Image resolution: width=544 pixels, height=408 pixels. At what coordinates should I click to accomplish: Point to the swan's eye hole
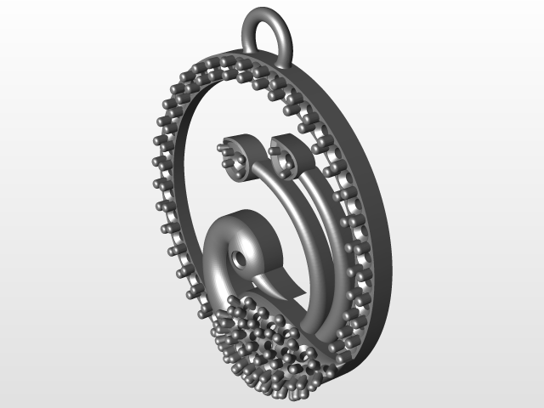click(x=241, y=257)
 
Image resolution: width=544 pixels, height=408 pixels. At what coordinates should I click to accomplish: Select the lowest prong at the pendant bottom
click(x=293, y=394)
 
